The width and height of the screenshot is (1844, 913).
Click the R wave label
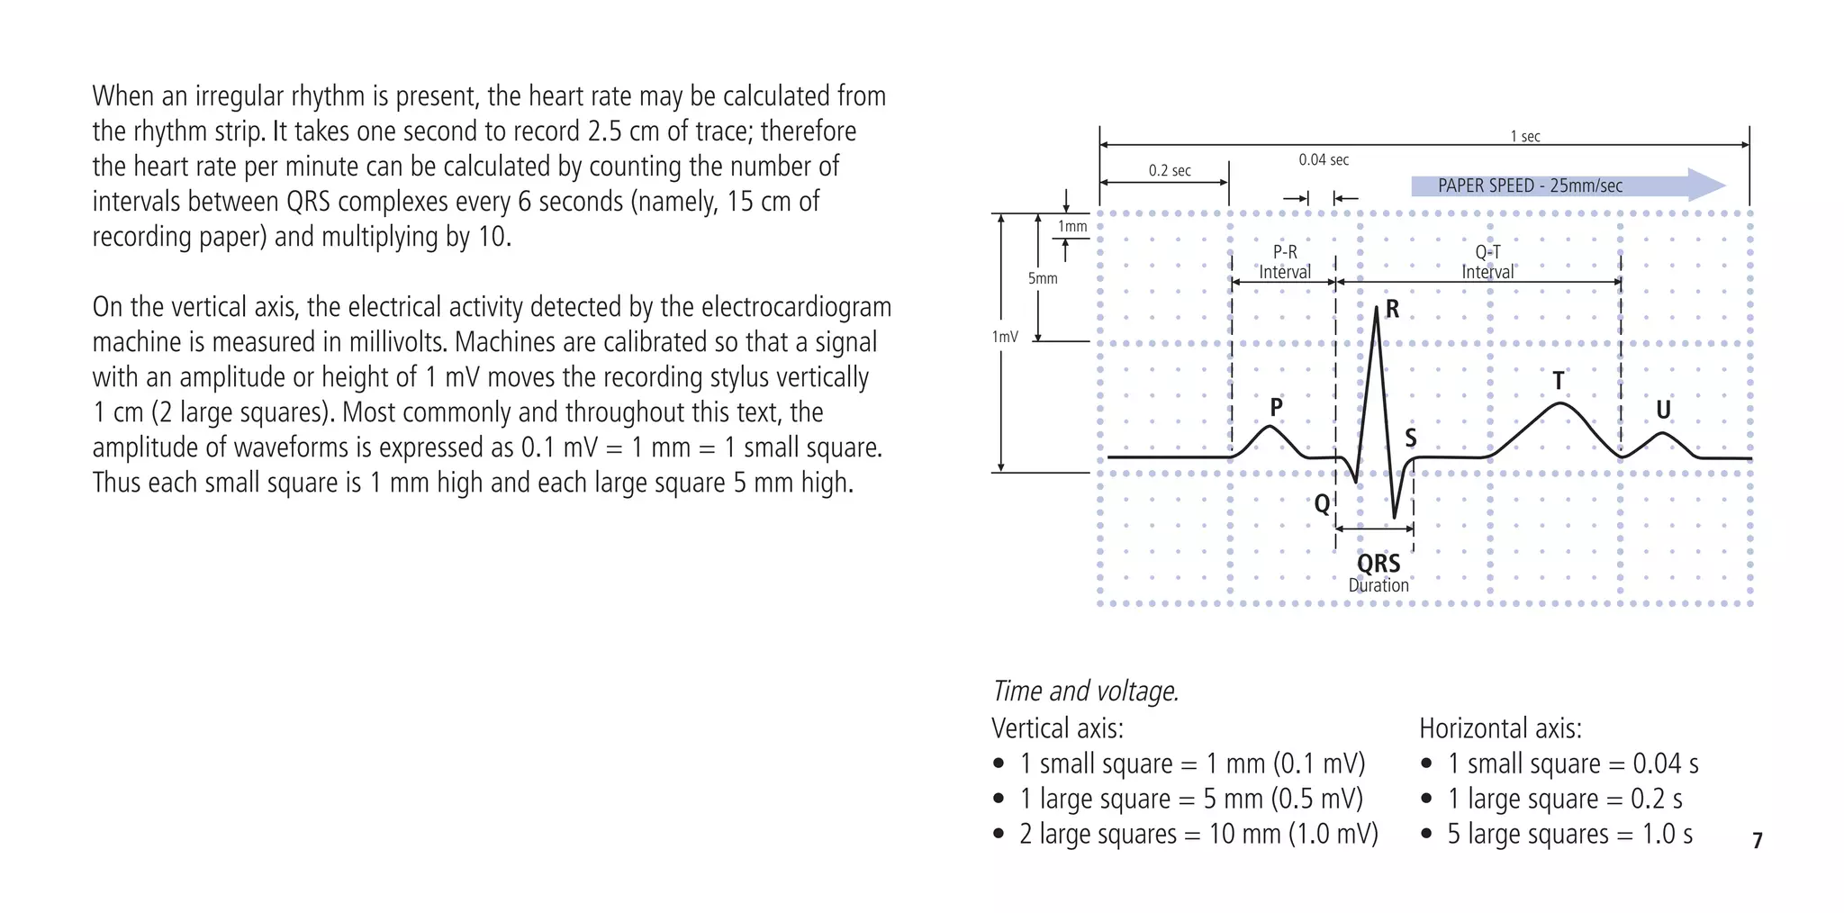1392,310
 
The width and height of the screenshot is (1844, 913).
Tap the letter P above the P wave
1276,408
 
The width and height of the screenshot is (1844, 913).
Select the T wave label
1559,381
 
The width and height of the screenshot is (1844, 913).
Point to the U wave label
1663,411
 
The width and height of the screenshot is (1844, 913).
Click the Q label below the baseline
1322,503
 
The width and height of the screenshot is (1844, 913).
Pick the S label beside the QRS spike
1411,438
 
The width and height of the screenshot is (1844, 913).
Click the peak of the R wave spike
1377,309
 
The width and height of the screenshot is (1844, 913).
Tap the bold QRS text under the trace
1378,564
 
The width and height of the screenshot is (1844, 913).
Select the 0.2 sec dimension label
1170,171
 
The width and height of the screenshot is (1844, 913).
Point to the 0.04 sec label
1324,160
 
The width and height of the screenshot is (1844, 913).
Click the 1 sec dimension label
1525,137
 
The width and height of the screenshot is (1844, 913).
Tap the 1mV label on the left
1005,337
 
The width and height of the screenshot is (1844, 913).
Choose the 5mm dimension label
1043,279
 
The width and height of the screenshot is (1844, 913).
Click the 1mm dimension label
1072,227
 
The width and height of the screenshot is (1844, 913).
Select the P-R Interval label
1285,262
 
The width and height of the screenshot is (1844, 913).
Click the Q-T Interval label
1487,262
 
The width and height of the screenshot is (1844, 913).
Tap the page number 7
1758,840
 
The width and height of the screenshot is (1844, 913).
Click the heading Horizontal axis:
1500,728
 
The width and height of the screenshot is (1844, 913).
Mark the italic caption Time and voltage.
1085,691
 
